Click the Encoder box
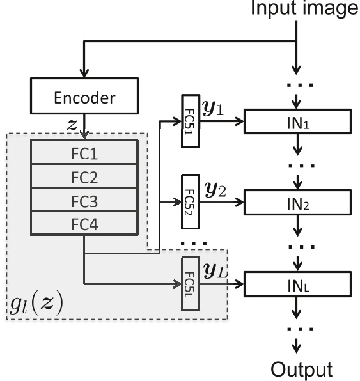pos(84,99)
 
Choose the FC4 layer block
pos(84,222)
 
